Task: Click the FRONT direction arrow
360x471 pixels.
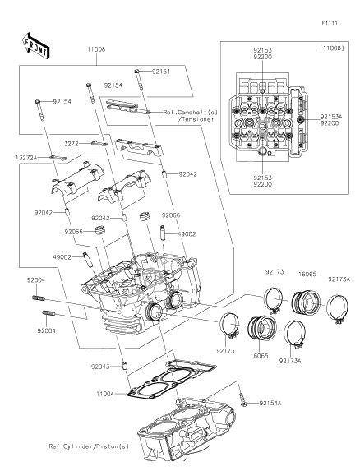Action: coord(35,45)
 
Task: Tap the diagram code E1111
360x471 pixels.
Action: coord(330,23)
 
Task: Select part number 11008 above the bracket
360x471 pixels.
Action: coord(96,49)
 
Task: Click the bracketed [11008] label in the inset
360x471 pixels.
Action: coord(332,48)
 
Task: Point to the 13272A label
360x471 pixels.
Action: coord(26,157)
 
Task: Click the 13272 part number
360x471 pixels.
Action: coord(69,144)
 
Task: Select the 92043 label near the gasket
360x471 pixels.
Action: coord(100,367)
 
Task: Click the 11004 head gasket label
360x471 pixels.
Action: coord(105,394)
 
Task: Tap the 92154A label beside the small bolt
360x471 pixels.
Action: coord(270,403)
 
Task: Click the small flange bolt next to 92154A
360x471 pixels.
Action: coord(242,399)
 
